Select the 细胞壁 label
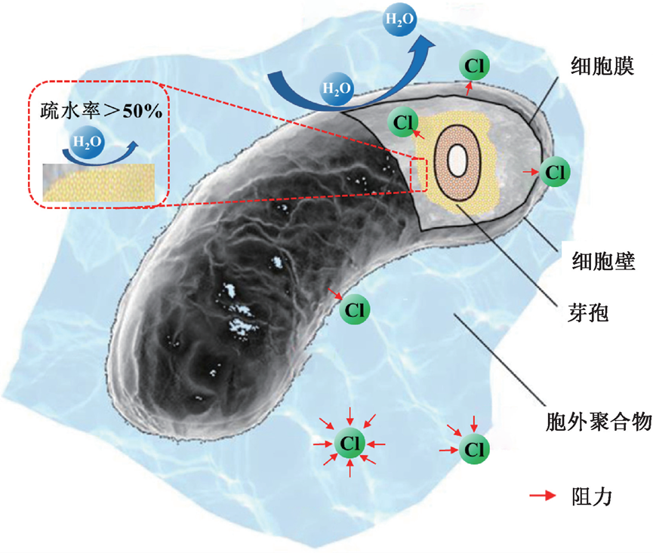[602, 262]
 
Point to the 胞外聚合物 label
[598, 420]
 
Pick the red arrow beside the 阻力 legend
[542, 496]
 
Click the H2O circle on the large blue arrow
[337, 88]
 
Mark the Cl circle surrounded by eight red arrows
[350, 441]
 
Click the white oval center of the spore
[456, 159]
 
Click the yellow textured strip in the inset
[99, 183]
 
